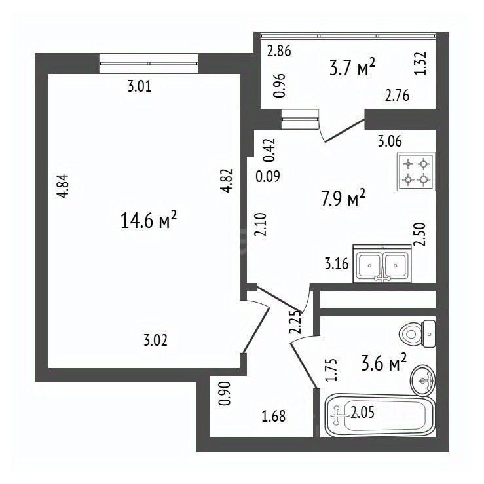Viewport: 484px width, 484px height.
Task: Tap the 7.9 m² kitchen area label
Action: (343, 198)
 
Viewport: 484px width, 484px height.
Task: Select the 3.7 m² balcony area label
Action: (352, 67)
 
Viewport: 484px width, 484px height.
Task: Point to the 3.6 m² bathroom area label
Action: (384, 363)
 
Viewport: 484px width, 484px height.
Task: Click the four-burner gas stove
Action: (416, 172)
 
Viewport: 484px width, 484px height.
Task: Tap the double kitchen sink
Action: (382, 263)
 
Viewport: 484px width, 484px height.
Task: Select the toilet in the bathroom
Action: (417, 333)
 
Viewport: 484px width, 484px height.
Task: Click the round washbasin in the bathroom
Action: (422, 381)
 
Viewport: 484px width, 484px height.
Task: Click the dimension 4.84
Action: (64, 186)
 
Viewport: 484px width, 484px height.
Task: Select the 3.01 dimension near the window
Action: (140, 86)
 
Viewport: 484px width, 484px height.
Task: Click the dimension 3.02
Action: (156, 341)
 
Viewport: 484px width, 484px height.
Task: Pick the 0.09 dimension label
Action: (268, 177)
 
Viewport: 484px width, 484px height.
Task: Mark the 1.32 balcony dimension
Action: (422, 63)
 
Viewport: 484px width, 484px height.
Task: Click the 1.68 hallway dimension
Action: (274, 416)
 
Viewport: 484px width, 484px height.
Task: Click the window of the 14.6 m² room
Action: (149, 64)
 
